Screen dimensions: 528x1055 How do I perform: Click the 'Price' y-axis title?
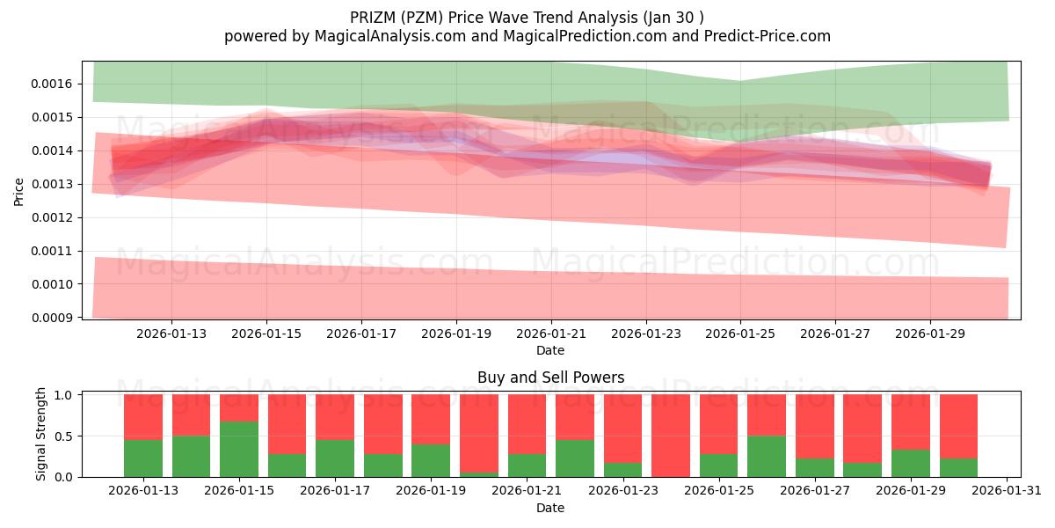coord(19,191)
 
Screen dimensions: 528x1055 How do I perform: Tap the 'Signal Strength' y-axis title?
coord(41,435)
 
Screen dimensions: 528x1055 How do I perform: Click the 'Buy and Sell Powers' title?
coord(550,378)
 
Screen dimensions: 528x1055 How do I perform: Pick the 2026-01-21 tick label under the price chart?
coord(551,334)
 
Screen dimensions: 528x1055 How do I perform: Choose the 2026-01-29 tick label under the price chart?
coord(930,334)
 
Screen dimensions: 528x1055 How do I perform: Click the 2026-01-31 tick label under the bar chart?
coord(1004,491)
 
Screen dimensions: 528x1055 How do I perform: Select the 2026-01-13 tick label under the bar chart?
coord(143,491)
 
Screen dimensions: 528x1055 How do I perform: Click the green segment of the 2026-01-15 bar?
coord(239,449)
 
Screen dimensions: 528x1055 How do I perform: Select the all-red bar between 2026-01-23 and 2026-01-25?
coord(671,436)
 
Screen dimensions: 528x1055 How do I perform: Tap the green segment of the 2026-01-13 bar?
coord(143,458)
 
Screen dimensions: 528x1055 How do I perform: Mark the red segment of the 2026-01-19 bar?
coord(431,419)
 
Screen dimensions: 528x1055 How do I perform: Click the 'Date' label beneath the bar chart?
coord(550,508)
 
